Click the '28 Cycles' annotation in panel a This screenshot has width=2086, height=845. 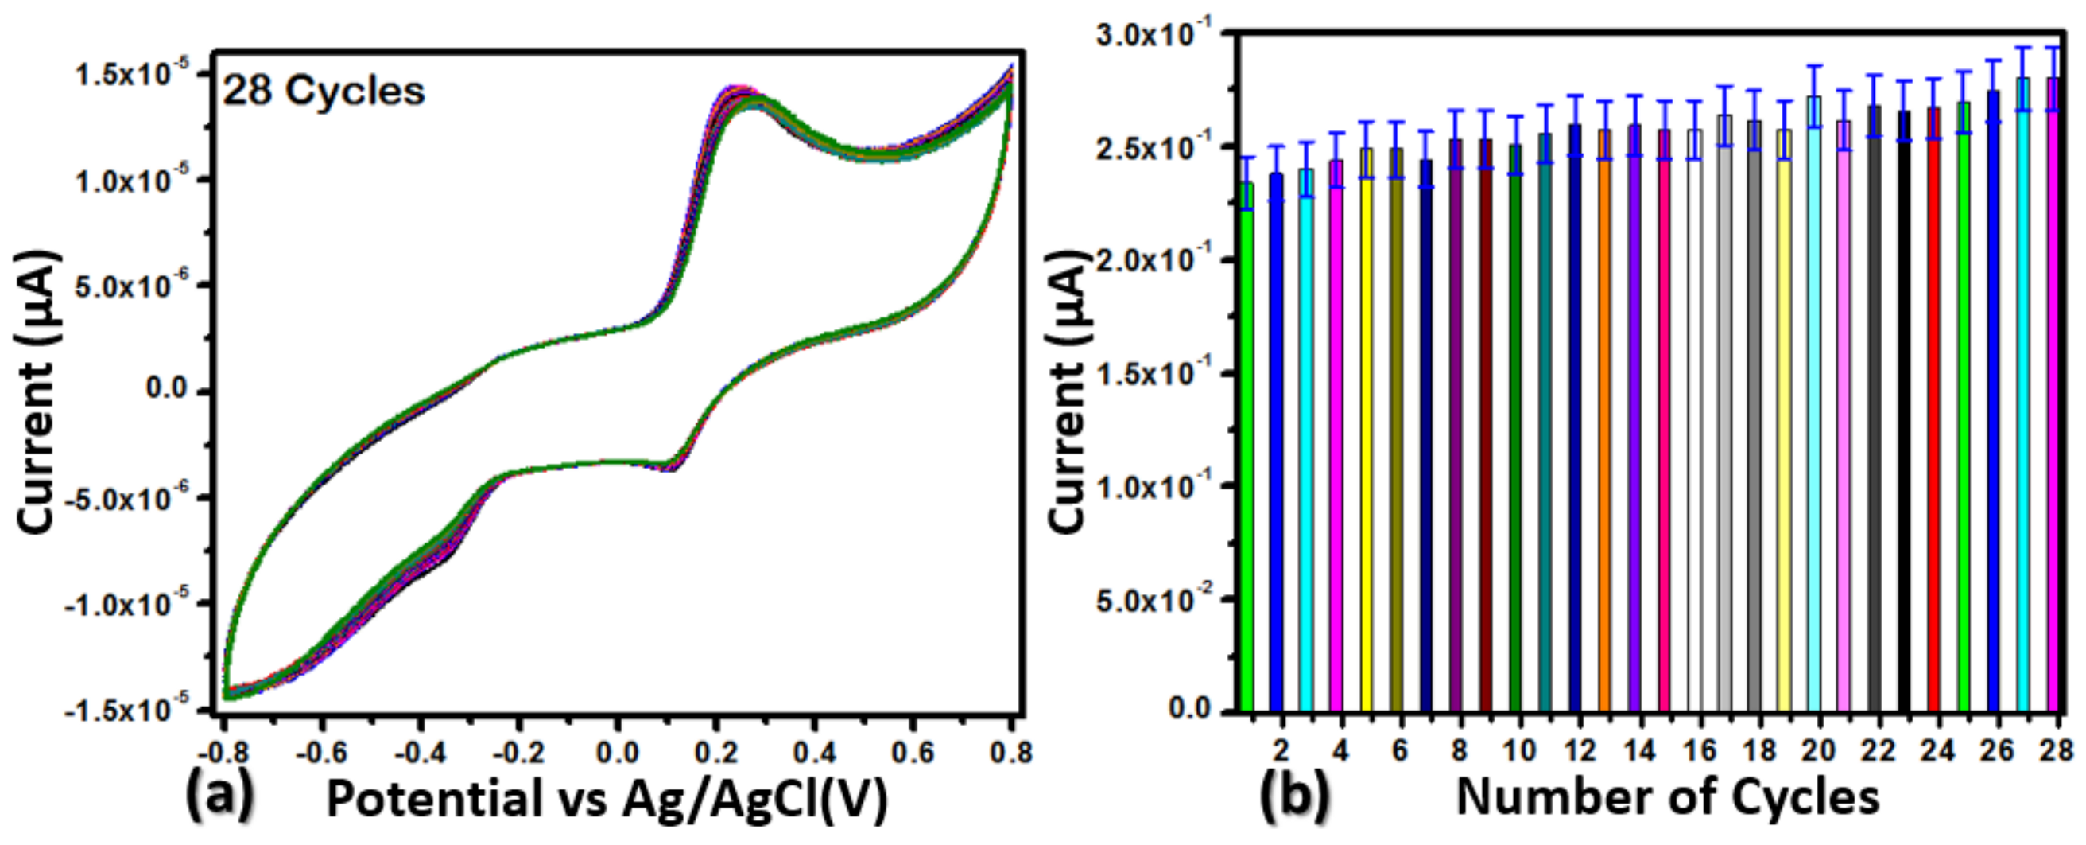pyautogui.click(x=324, y=92)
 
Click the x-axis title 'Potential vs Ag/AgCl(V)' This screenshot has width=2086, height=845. pyautogui.click(x=607, y=799)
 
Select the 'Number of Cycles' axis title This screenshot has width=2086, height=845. pyautogui.click(x=1668, y=797)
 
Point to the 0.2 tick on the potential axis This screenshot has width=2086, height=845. pyautogui.click(x=715, y=753)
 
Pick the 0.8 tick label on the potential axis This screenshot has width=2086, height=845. pyautogui.click(x=1010, y=753)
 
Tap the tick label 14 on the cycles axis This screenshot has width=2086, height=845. pyautogui.click(x=1640, y=750)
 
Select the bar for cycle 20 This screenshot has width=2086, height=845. pyautogui.click(x=1815, y=405)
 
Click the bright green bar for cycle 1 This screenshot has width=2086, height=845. pyautogui.click(x=1247, y=446)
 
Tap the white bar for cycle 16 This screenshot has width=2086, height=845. pyautogui.click(x=1695, y=421)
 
